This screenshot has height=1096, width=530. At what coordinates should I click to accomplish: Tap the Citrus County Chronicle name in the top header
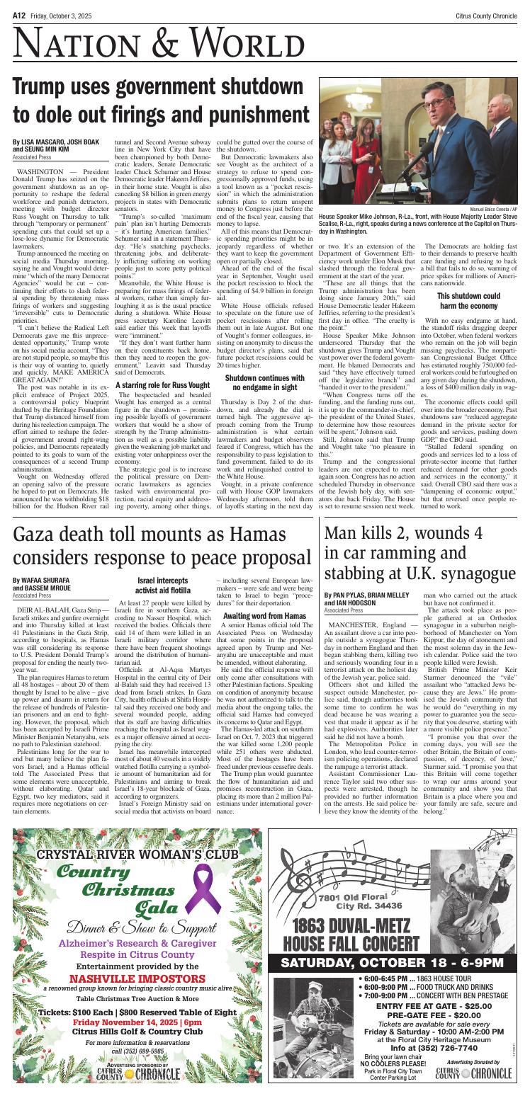click(x=478, y=8)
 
